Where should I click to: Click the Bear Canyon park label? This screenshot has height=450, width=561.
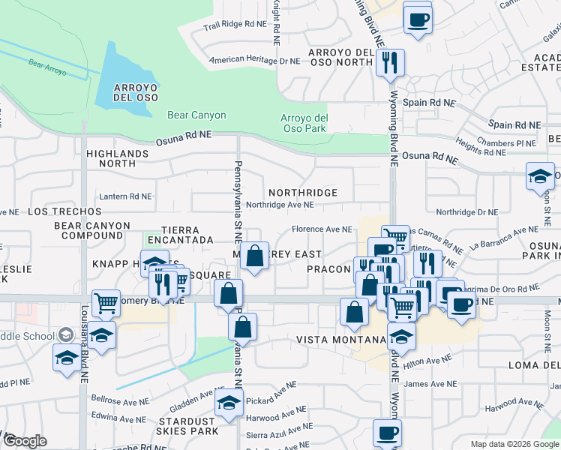point(196,115)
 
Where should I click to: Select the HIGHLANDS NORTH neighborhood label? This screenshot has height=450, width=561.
point(116,157)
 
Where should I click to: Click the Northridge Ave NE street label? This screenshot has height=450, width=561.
point(280,205)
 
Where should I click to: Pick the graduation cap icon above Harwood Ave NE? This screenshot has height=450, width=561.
point(229,403)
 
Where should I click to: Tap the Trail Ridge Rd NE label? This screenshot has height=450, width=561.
point(235,25)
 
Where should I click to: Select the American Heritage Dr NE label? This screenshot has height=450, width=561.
point(254,60)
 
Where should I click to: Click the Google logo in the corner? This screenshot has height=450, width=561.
point(25,441)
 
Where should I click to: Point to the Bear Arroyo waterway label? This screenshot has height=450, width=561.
point(48,69)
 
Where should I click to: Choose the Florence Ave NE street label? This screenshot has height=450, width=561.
point(322,229)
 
